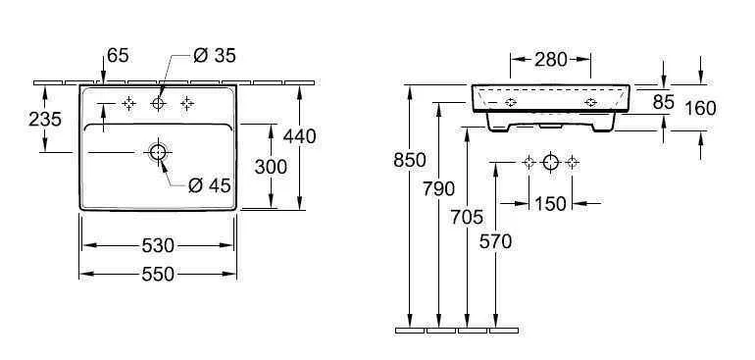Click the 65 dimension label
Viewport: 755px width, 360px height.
[x=118, y=58]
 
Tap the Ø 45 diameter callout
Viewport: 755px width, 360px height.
[x=209, y=184]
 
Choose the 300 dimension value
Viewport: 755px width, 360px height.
[x=270, y=167]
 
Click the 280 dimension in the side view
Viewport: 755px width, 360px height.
[x=551, y=59]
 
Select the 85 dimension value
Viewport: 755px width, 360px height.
[x=664, y=101]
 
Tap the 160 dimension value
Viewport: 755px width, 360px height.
[x=700, y=108]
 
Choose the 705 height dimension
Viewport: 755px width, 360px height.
[x=469, y=219]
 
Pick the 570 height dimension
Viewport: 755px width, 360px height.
[x=497, y=242]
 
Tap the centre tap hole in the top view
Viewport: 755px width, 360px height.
[x=158, y=103]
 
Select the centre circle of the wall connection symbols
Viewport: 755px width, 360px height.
[x=551, y=162]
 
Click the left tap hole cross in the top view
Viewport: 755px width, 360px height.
[x=127, y=103]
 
